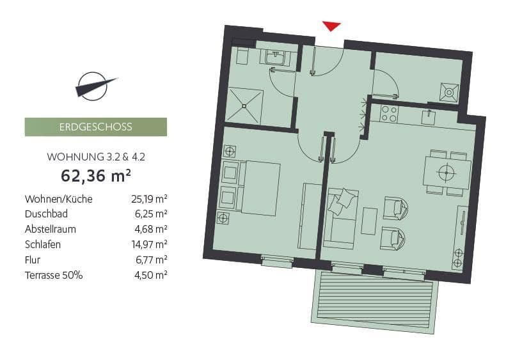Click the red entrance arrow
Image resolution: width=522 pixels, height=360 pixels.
[331, 26]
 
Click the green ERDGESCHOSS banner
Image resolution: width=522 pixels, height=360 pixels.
[95, 127]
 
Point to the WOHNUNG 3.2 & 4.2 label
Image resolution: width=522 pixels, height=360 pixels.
[95, 157]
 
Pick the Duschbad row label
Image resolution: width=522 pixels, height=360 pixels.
[46, 214]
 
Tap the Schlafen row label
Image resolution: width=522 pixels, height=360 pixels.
[42, 244]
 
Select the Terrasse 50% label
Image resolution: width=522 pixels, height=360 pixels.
[54, 275]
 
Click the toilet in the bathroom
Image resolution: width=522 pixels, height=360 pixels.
[243, 56]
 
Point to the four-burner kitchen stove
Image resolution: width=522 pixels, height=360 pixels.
[389, 114]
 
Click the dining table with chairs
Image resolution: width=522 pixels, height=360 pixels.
[447, 172]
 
